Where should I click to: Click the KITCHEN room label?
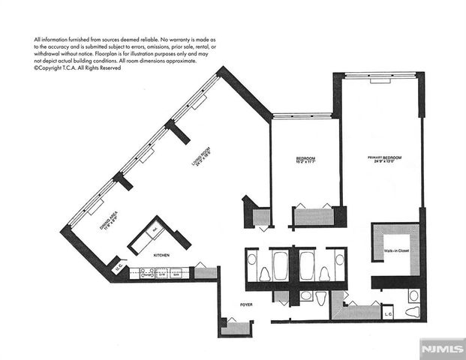pos(161,256)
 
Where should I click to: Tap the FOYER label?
pos(246,305)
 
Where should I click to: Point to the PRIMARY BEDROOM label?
pos(383,157)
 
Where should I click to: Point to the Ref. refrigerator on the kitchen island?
pos(155,232)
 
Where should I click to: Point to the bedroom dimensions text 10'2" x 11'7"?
pos(305,164)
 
